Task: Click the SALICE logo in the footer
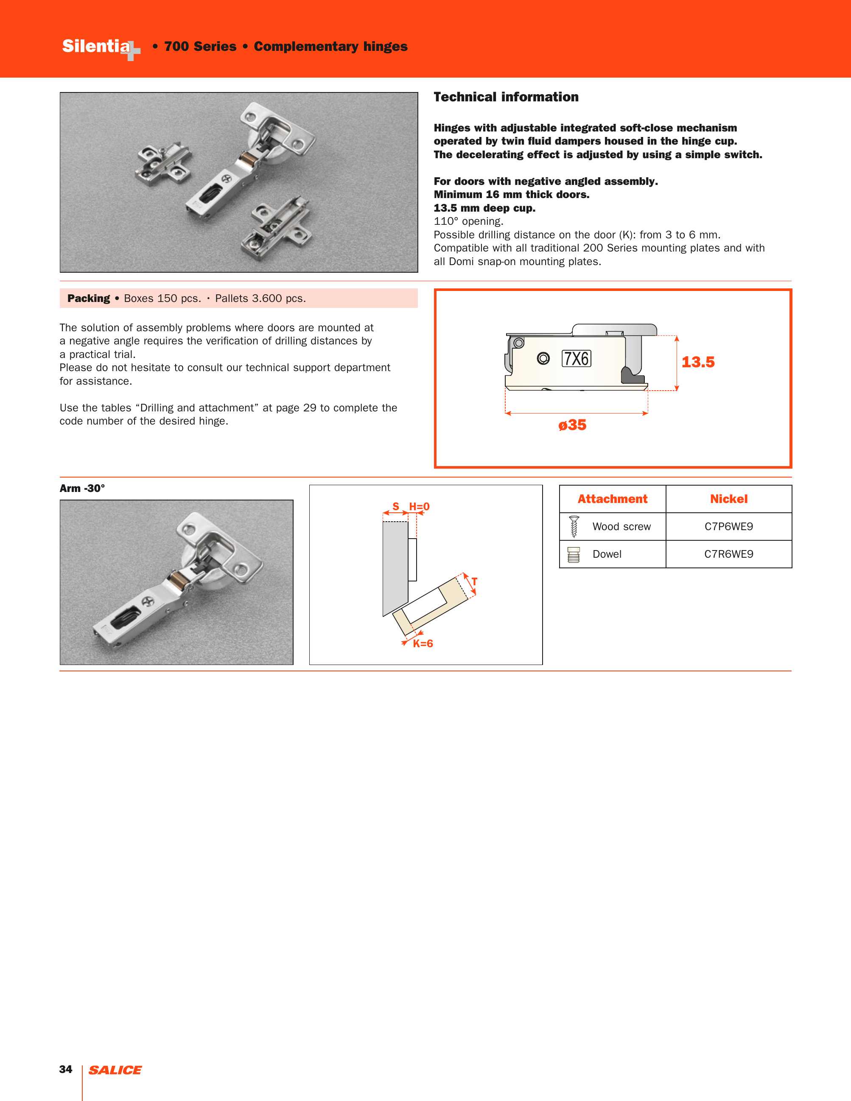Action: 115,1070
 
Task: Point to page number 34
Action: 65,1069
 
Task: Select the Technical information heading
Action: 506,97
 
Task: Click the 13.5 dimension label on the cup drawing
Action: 698,362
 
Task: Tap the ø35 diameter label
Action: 572,425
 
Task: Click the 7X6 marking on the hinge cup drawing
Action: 576,358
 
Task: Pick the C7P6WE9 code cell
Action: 728,526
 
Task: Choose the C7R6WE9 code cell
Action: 728,554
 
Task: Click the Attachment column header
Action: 612,499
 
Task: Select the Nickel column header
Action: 728,499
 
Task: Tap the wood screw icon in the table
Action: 574,527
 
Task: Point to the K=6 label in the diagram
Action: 423,643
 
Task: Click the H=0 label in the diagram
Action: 419,506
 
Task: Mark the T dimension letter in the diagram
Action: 474,582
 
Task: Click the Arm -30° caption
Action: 82,488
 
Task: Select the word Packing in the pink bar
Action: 89,299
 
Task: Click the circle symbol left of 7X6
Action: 543,358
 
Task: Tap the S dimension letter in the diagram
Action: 396,506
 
